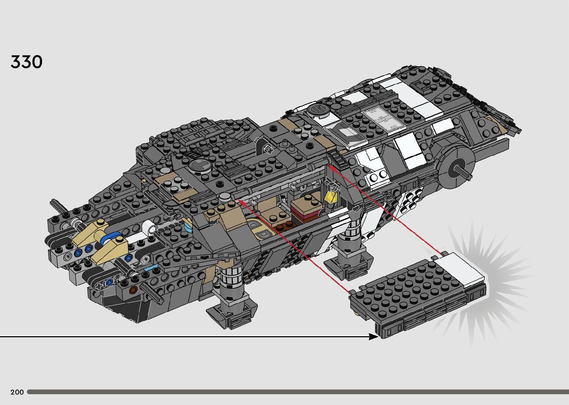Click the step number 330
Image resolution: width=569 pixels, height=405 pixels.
click(x=26, y=62)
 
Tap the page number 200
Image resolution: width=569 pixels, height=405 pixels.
click(x=17, y=392)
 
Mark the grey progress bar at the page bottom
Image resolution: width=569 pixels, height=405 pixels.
click(x=297, y=392)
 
